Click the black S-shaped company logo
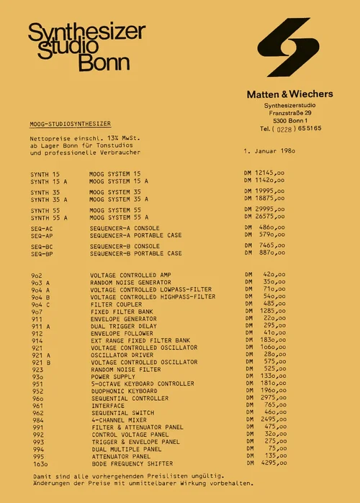tap(288, 47)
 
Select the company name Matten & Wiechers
tap(290, 94)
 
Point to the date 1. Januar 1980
tap(270, 152)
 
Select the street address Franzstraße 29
tap(291, 113)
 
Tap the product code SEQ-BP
tap(42, 253)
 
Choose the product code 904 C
tap(40, 304)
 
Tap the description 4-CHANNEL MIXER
tap(120, 420)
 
